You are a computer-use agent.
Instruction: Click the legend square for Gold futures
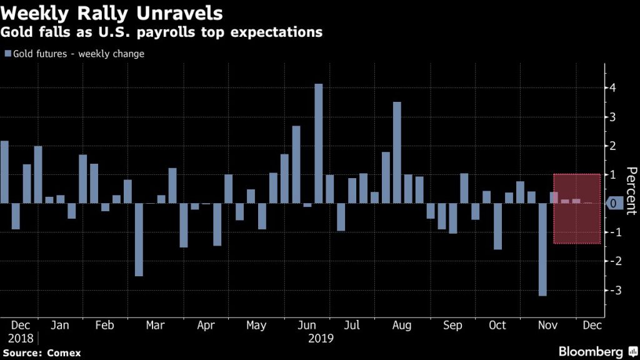coord(7,54)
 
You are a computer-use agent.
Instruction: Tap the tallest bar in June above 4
coord(318,143)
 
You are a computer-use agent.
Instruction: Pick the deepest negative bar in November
coord(542,249)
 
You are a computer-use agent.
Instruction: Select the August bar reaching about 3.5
coord(397,152)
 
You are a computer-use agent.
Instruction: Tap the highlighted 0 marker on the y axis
coord(615,203)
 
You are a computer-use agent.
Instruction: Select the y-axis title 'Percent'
coord(631,191)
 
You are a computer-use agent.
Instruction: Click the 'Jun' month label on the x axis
coord(306,326)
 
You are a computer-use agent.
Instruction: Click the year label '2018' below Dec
coord(21,339)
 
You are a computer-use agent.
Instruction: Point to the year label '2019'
coord(320,339)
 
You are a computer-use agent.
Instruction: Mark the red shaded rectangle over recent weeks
coord(577,209)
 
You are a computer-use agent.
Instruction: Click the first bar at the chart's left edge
coord(4,172)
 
